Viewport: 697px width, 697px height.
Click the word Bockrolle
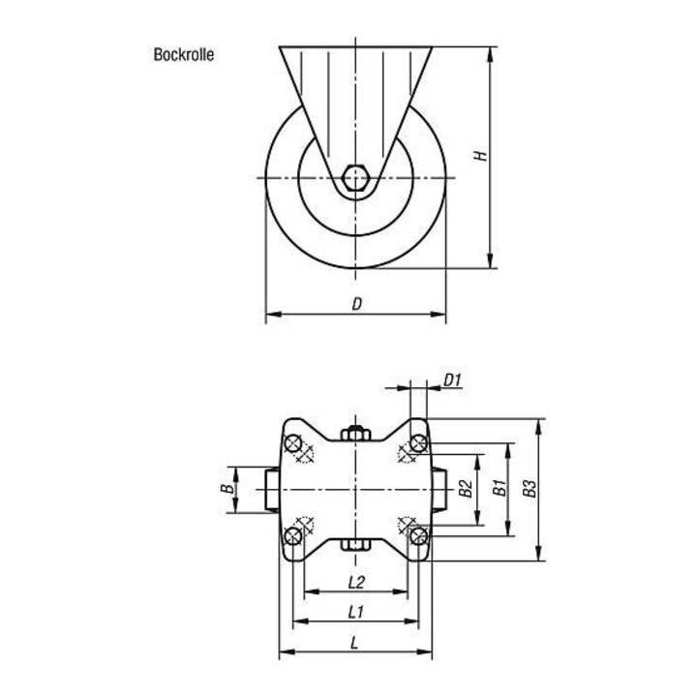184,54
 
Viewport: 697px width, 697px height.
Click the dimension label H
480,156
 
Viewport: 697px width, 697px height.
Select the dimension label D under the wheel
357,304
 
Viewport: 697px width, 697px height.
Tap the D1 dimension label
453,380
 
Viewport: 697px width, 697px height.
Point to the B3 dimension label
530,489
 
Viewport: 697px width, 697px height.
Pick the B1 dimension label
500,488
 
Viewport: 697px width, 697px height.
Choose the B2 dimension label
465,489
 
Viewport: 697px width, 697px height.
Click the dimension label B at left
227,489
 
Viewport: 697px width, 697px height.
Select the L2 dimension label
356,582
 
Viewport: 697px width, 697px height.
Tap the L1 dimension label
355,612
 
